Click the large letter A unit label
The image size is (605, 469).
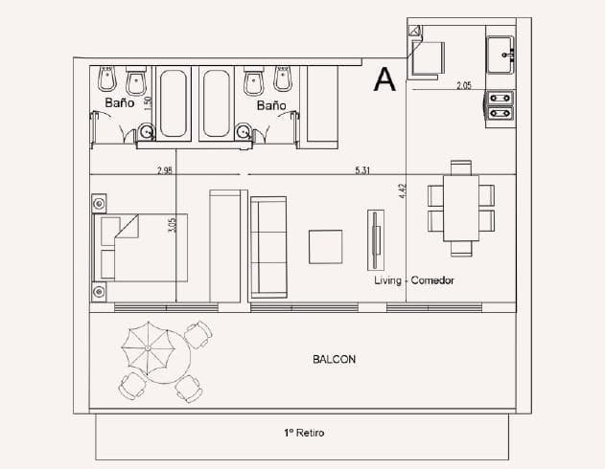pyautogui.click(x=385, y=79)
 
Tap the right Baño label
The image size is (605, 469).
pyautogui.click(x=271, y=105)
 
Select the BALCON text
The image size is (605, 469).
pyautogui.click(x=335, y=360)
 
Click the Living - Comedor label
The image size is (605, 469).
pyautogui.click(x=414, y=280)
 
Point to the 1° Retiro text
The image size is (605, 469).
pyautogui.click(x=304, y=433)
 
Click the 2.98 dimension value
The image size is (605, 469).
pyautogui.click(x=165, y=170)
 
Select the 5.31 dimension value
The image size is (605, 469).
pyautogui.click(x=363, y=170)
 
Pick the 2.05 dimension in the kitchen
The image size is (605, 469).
pyautogui.click(x=465, y=86)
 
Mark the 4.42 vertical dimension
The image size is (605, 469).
pyautogui.click(x=403, y=191)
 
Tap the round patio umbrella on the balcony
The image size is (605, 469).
pyautogui.click(x=151, y=348)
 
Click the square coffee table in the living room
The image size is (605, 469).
pyautogui.click(x=325, y=246)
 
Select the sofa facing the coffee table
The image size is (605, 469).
pyautogui.click(x=268, y=247)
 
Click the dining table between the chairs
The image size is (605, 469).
pyautogui.click(x=461, y=209)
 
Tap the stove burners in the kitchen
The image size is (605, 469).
pyautogui.click(x=500, y=104)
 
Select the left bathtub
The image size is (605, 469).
pyautogui.click(x=175, y=101)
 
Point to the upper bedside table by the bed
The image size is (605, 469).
pyautogui.click(x=99, y=203)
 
